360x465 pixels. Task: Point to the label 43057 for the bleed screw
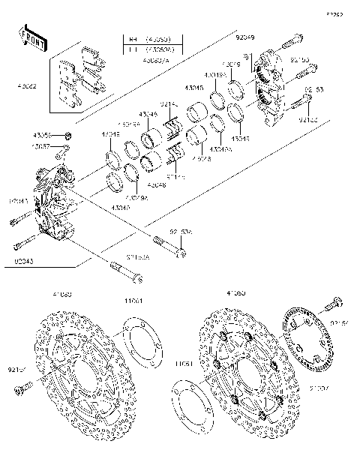point(42,147)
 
